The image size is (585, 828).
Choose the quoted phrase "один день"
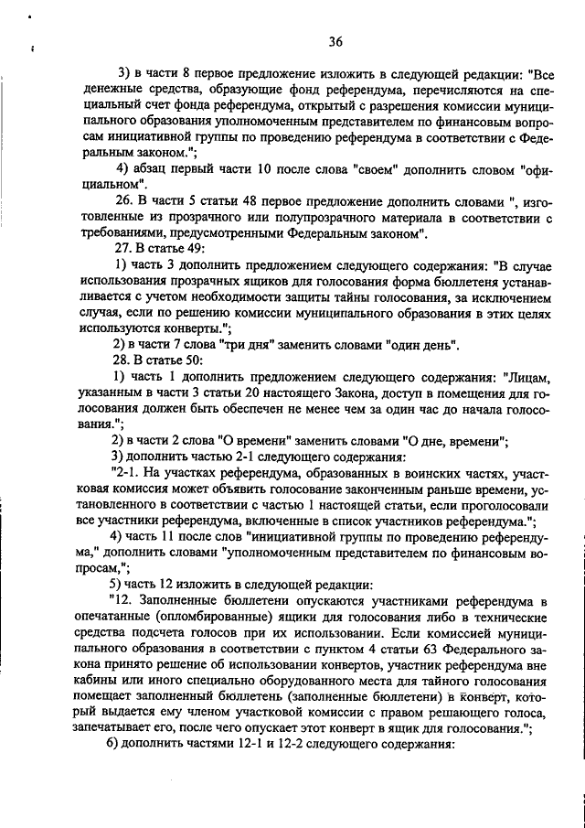click(418, 345)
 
